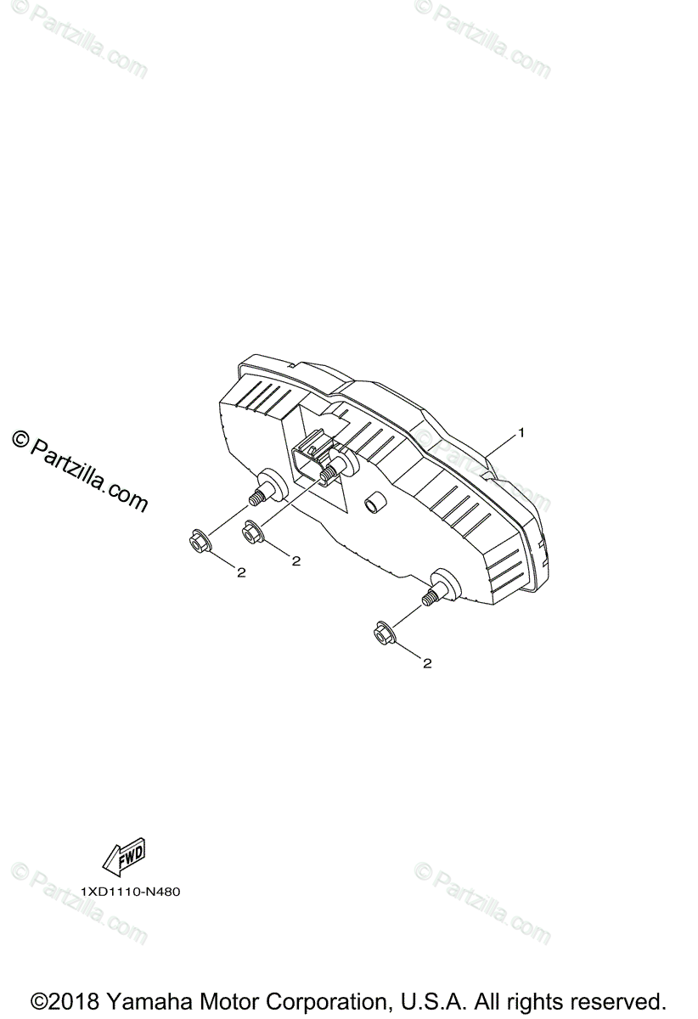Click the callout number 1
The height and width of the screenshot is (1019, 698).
521,432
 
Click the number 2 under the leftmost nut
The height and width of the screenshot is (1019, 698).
241,573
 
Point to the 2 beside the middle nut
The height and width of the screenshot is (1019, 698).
296,560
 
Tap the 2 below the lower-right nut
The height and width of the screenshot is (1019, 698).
427,663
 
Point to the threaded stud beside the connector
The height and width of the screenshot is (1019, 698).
328,472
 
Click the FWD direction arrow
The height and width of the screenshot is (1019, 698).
124,858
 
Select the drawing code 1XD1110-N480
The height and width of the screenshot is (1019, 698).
131,892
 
